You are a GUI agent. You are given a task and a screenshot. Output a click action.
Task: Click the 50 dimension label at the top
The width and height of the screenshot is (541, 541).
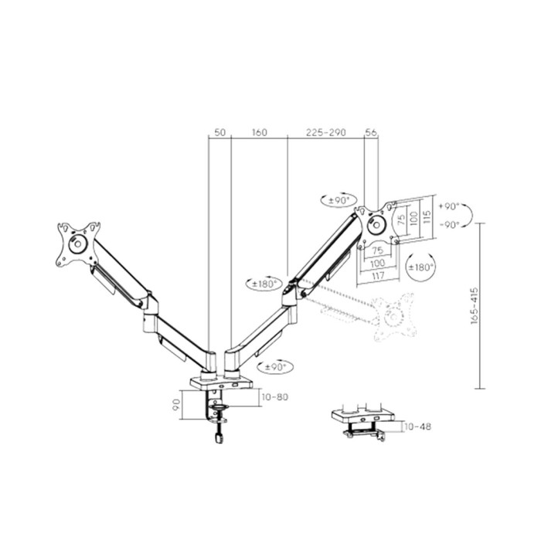click(x=219, y=133)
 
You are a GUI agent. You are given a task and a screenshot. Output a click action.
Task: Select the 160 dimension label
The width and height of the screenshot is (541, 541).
click(x=259, y=133)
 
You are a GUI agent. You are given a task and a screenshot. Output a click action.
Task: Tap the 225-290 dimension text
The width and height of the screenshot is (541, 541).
click(x=325, y=133)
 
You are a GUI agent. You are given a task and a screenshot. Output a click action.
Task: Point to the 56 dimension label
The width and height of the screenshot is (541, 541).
click(x=371, y=133)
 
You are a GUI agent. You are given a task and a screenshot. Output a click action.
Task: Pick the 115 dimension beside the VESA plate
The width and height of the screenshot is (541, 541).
click(x=426, y=219)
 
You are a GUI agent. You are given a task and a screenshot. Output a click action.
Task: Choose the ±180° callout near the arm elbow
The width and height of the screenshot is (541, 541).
click(x=264, y=284)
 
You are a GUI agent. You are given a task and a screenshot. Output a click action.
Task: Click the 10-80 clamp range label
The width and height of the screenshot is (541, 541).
click(x=274, y=397)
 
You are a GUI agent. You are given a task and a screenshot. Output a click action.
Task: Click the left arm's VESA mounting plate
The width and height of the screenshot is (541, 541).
click(x=79, y=242)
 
